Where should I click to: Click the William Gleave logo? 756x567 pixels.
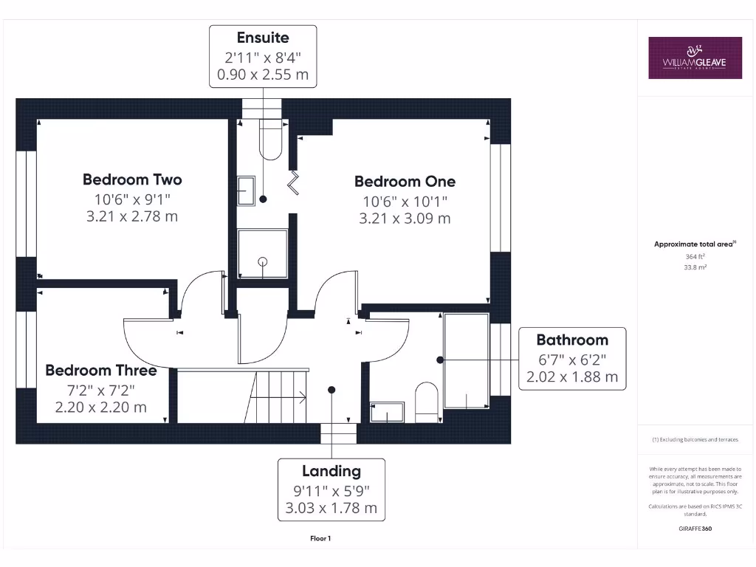coord(695,58)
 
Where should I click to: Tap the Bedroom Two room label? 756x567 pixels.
coord(132,179)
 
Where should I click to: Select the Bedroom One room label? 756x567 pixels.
coord(405,182)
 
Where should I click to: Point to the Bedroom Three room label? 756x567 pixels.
coord(100,371)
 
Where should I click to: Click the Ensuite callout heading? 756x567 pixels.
coord(263,38)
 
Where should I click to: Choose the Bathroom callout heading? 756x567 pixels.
coord(572,340)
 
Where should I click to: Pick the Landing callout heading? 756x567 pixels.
coord(331,471)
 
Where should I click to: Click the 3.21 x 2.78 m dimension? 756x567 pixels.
coord(132,216)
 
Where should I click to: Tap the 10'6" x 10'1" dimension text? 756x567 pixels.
coord(405,201)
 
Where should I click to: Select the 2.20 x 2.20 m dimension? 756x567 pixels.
coord(100,407)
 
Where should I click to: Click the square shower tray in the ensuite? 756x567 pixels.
coord(262,253)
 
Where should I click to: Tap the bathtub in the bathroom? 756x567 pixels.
coord(466,361)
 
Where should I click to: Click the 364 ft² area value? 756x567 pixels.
coord(694,256)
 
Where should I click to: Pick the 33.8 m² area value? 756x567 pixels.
coord(694,267)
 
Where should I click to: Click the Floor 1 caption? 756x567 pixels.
coord(320,538)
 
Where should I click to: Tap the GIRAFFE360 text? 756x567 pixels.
coord(694,529)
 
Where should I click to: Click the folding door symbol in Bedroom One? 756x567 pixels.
coord(295,182)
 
